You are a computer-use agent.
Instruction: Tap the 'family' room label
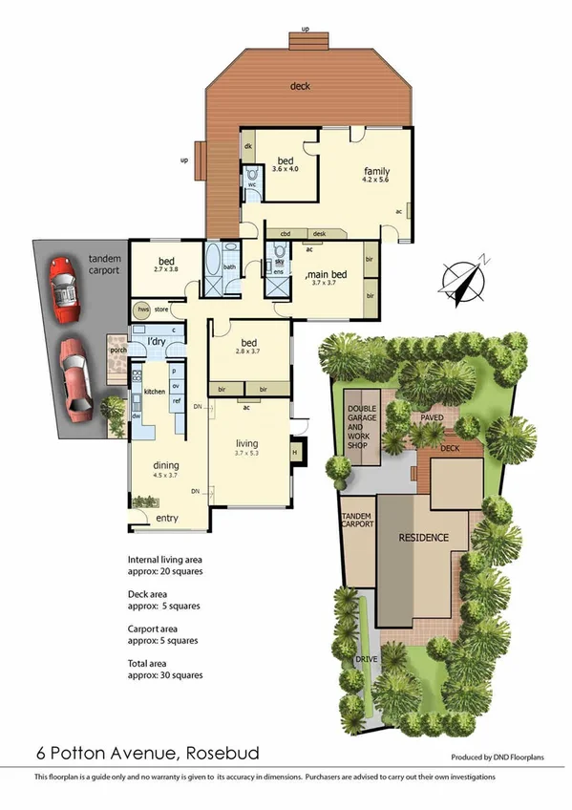click(375, 172)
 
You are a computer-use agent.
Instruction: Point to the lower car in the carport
click(75, 376)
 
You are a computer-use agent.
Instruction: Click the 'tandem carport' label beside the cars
click(104, 265)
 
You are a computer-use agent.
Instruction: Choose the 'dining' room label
click(165, 465)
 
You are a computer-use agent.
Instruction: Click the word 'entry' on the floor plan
click(167, 518)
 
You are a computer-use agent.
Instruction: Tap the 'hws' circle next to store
click(143, 309)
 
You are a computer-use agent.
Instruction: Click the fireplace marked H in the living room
click(294, 453)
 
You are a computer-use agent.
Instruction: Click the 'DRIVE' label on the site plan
click(366, 659)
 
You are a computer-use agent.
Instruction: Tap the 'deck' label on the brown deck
click(300, 86)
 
